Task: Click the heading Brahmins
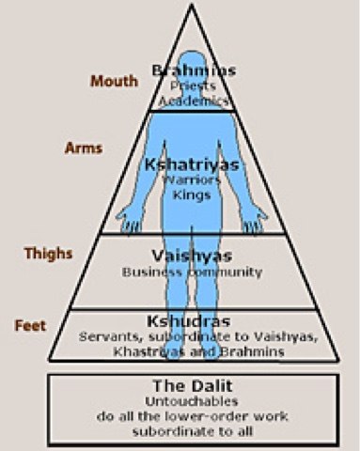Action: coord(194,70)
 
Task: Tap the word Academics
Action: coord(194,100)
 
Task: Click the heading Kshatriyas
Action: coord(193,164)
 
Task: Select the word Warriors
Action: coord(193,179)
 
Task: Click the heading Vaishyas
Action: coord(192,256)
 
